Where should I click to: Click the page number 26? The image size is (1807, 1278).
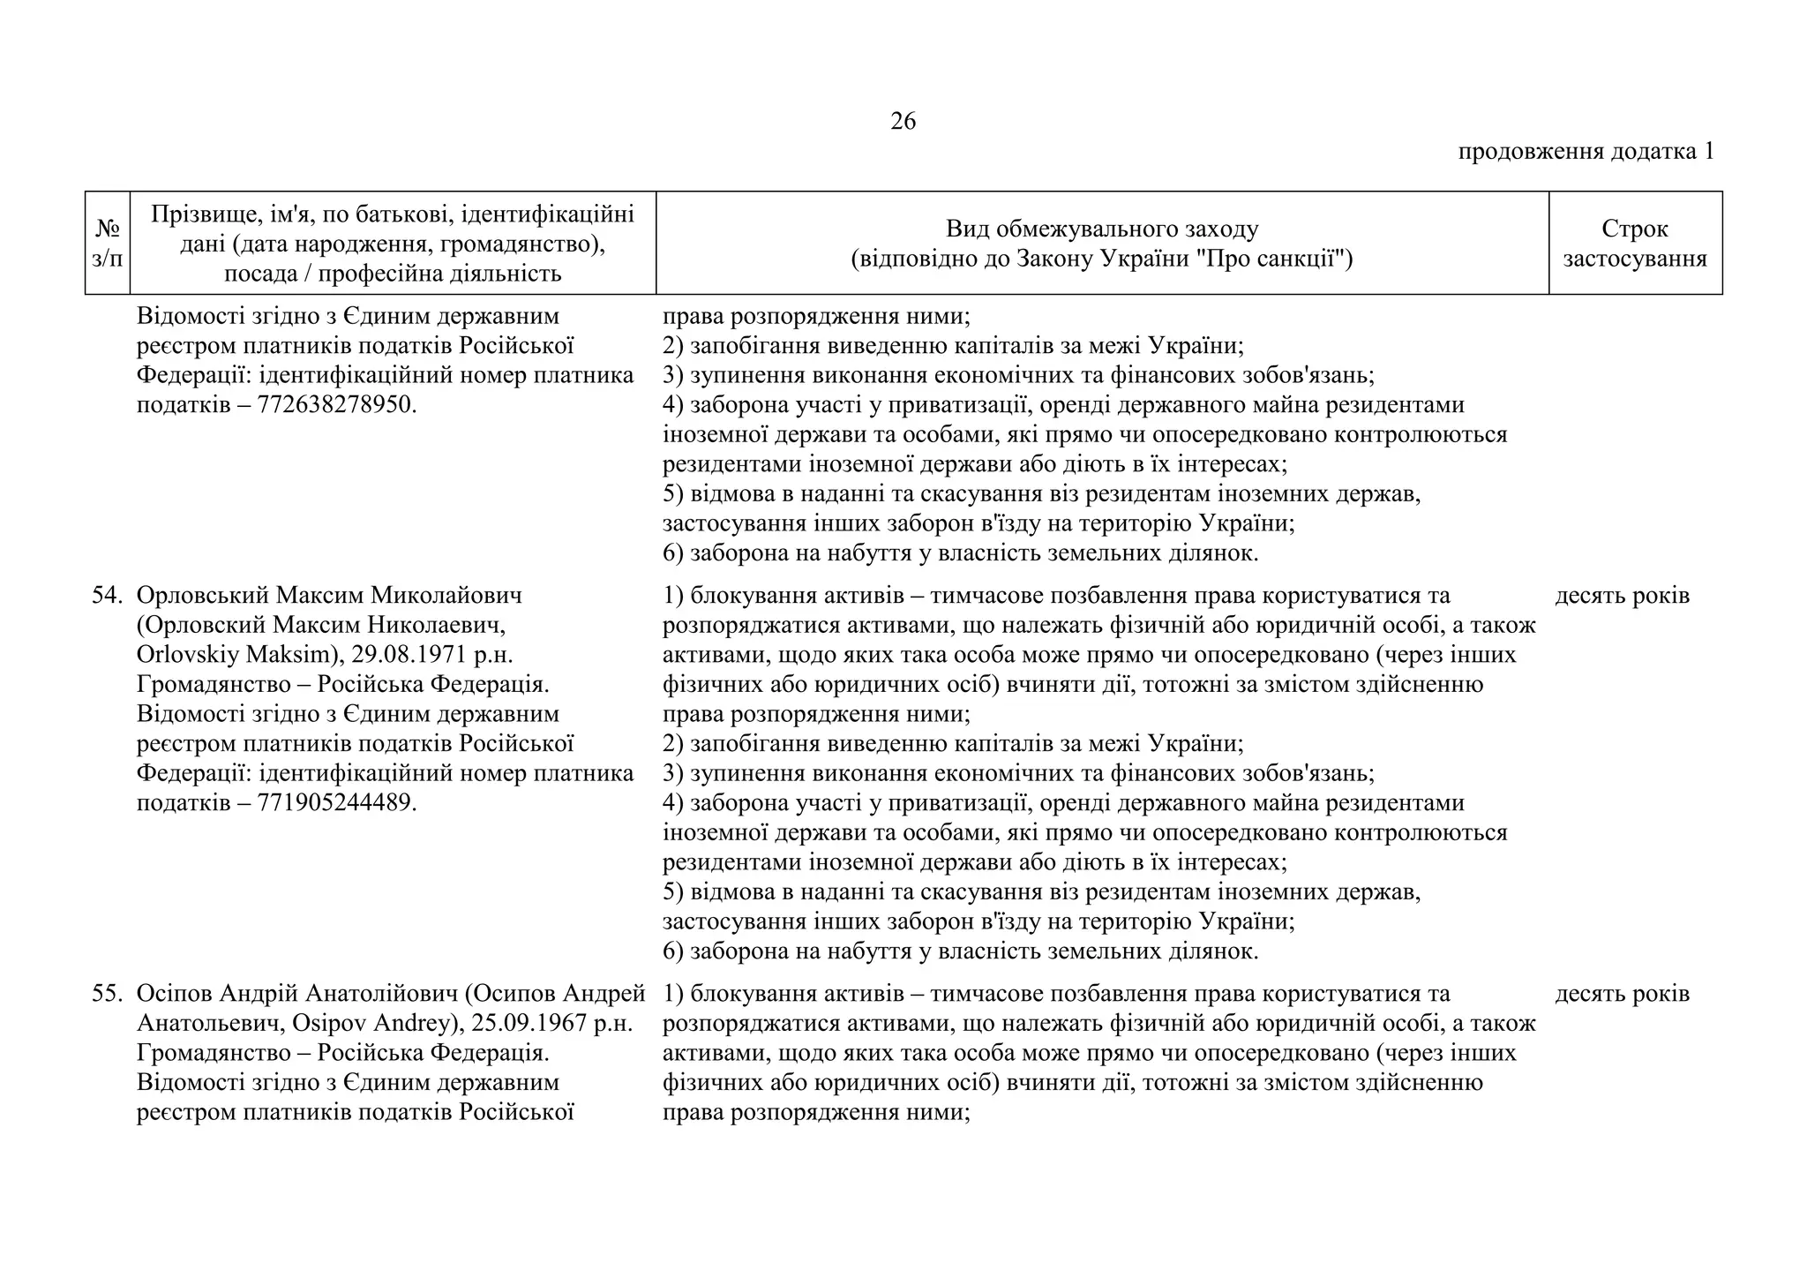(x=903, y=122)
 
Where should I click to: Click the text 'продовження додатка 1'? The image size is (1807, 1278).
(x=1586, y=152)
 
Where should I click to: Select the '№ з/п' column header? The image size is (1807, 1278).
(x=108, y=243)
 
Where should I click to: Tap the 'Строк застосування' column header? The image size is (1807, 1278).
(x=1634, y=243)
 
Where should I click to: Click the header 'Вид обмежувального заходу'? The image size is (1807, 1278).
(x=1101, y=229)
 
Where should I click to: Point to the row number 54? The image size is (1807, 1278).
(x=106, y=596)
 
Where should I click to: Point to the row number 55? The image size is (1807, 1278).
(x=106, y=994)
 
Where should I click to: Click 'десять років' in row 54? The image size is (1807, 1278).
(x=1622, y=596)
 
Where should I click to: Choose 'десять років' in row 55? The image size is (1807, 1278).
(x=1622, y=994)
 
